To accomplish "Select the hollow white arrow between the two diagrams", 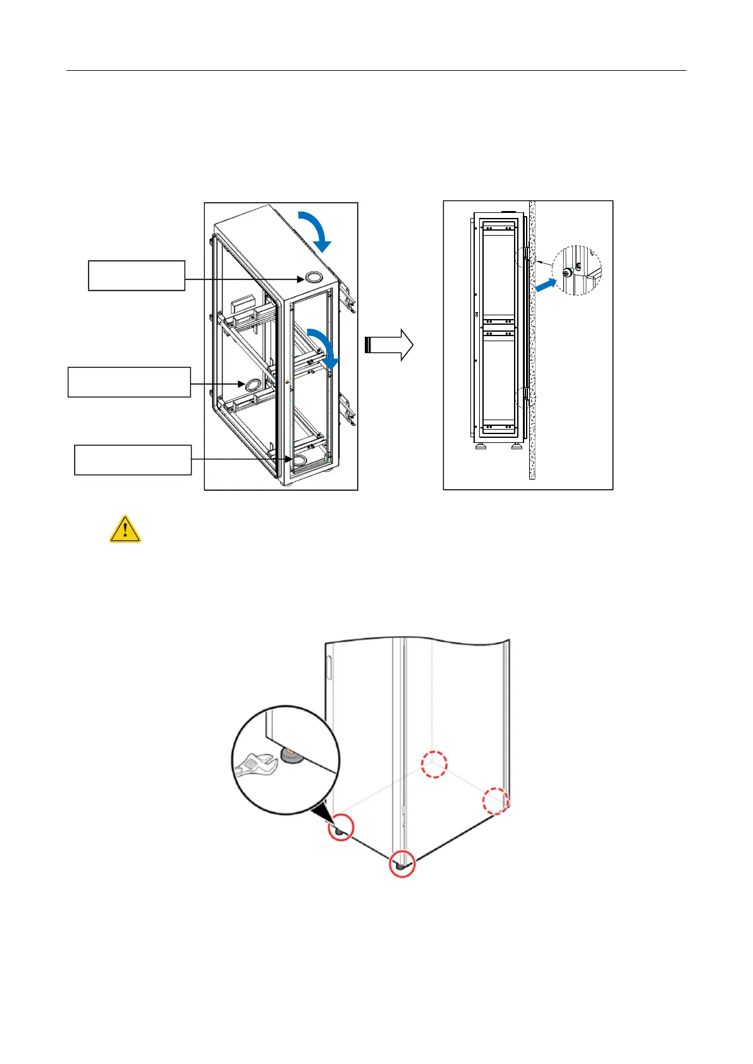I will coord(389,345).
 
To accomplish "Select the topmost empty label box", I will coord(137,275).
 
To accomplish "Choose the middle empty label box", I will coord(129,382).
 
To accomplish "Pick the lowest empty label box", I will coord(133,460).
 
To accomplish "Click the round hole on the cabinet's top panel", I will coord(313,277).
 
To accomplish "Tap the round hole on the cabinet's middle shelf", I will coord(252,384).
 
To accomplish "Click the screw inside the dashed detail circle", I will coord(567,272).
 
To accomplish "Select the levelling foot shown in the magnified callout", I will coord(291,755).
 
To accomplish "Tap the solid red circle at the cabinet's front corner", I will coord(401,864).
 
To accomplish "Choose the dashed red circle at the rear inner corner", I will coord(434,765).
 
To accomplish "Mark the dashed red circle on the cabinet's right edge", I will coord(496,801).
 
